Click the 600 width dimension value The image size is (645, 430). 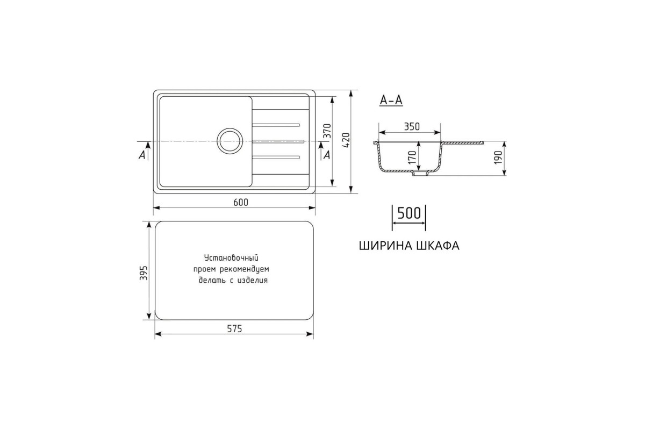[x=240, y=203]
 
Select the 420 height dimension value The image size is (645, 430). [x=346, y=140]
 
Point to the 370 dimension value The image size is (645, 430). [x=327, y=131]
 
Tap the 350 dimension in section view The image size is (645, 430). [x=412, y=127]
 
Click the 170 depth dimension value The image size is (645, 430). [x=412, y=157]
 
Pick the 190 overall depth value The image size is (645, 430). [x=498, y=157]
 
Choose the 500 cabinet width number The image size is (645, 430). [x=409, y=213]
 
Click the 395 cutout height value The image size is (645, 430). [x=144, y=273]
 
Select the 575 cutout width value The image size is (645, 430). [x=234, y=328]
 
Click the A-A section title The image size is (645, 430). [x=391, y=100]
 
